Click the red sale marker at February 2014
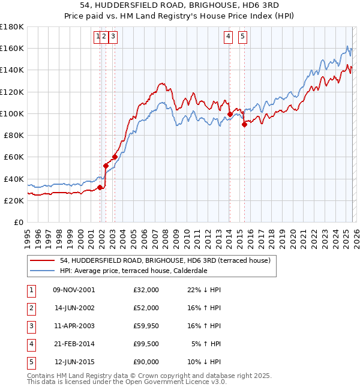tap(230, 113)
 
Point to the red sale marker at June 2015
tap(244, 125)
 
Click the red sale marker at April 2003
tap(115, 157)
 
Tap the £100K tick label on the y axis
tap(12, 113)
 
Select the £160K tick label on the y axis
tap(12, 48)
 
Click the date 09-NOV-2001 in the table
tap(74, 290)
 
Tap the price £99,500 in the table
tap(146, 344)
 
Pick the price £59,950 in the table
tap(146, 326)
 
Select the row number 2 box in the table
tap(31, 308)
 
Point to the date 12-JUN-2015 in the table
tap(74, 362)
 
